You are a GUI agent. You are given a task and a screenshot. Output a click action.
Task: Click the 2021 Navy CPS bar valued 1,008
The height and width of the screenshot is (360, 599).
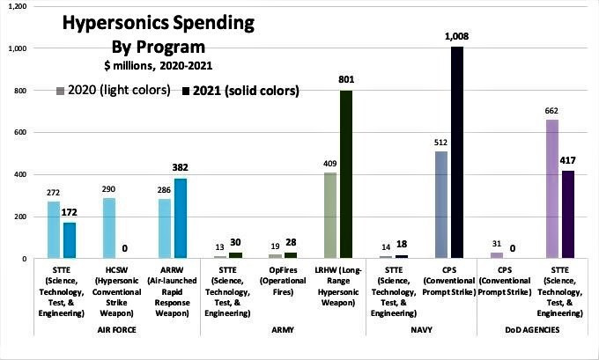tap(457, 151)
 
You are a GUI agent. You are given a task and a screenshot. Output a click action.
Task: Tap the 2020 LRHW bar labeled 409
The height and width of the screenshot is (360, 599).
tap(330, 215)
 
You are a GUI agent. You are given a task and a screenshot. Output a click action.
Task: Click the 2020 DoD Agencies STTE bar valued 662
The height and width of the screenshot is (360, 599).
tap(552, 188)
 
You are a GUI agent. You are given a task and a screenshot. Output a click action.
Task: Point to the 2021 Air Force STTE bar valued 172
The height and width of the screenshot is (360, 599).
tap(69, 239)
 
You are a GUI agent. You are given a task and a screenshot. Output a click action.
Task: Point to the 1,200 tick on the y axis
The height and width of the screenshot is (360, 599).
tap(15, 6)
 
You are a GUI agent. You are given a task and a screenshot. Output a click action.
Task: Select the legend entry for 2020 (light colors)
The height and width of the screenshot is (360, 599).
tap(113, 90)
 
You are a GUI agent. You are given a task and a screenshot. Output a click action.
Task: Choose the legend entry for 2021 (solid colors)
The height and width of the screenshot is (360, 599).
tap(240, 90)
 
